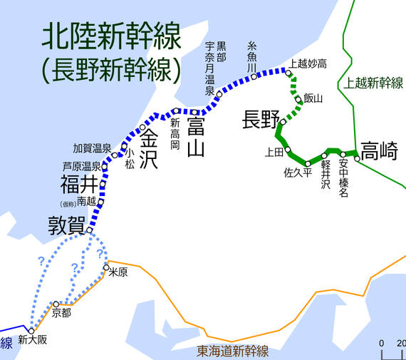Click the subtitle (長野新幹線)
coord(111,69)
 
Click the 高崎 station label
coord(379,151)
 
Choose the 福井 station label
coord(78,185)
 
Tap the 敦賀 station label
coord(66,225)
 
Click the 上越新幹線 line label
coord(373,83)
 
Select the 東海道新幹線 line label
coord(232,351)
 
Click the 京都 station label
coord(62,312)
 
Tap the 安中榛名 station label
coord(343,178)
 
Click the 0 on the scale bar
coord(382,341)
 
